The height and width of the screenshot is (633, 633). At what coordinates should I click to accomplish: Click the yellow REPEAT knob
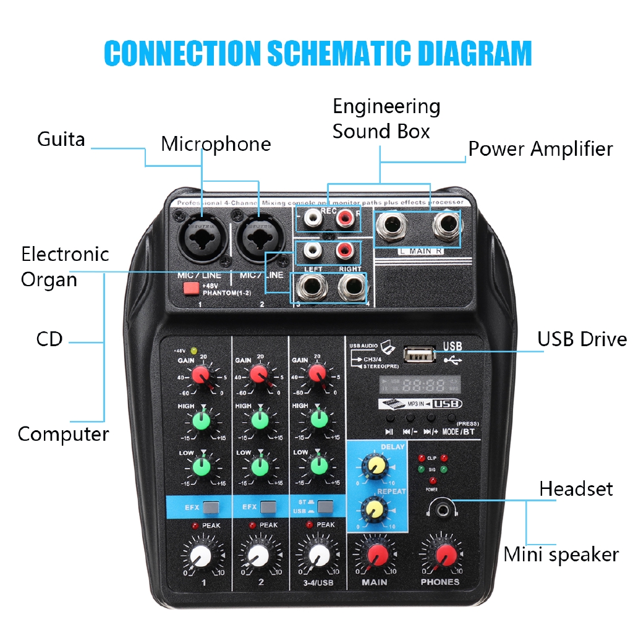[373, 509]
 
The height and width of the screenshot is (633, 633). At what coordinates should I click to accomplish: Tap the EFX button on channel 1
[211, 508]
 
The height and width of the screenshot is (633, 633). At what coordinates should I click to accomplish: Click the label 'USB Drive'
[582, 339]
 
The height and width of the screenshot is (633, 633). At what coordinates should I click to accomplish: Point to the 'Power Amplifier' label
[540, 149]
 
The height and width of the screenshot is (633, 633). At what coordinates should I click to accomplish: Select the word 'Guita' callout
[61, 139]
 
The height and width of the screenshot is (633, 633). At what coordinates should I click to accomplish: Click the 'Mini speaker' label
[561, 554]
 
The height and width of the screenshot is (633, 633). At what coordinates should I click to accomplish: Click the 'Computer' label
[63, 434]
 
